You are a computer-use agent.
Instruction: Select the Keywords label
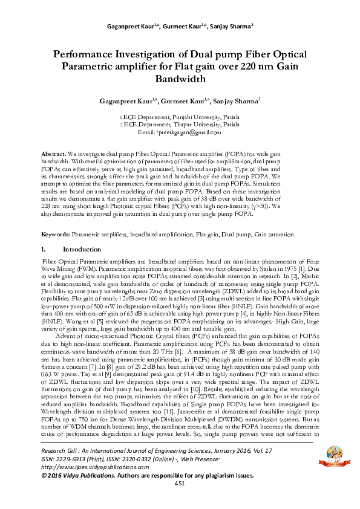[56, 233]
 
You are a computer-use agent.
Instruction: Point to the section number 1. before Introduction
[44, 249]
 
